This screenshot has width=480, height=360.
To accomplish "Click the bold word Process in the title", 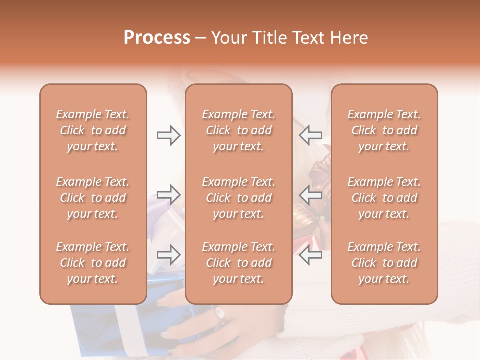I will [x=157, y=38].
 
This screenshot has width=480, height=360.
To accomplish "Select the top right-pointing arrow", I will [x=168, y=135].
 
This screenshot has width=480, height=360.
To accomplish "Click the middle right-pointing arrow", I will [x=168, y=195].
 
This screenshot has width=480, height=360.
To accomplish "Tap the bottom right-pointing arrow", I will [x=168, y=255].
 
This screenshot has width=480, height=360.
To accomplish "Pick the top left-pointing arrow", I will [x=310, y=135].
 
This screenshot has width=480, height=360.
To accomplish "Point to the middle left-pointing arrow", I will [x=310, y=195].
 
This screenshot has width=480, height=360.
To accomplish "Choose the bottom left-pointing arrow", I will [x=310, y=255].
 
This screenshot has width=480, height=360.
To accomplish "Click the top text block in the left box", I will [x=93, y=130].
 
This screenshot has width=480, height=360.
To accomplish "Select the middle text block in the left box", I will [x=93, y=198].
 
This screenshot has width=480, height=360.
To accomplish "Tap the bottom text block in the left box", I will [x=93, y=263].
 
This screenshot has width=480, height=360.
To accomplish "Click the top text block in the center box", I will [x=238, y=130].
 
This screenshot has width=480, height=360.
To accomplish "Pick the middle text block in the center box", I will [x=238, y=198].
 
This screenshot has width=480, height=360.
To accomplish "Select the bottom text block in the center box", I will [x=238, y=263].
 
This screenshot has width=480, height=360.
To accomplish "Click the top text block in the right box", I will [x=384, y=130].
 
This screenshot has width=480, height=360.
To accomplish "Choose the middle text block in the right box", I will [x=384, y=198].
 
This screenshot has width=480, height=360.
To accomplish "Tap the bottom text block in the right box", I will [x=384, y=263].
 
